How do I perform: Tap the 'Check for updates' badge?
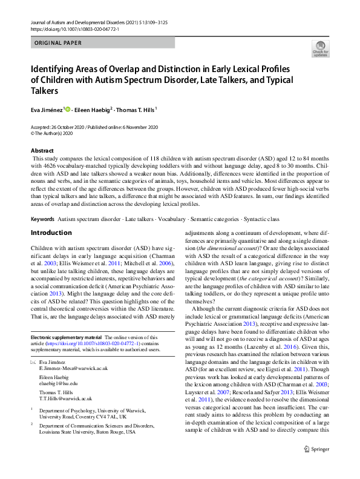point(320,48)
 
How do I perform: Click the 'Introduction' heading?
point(51,233)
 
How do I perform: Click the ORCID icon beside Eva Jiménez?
point(69,109)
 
